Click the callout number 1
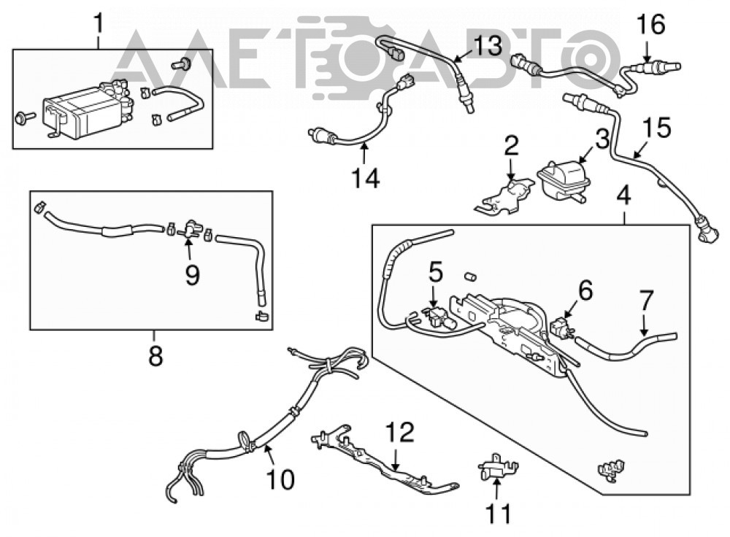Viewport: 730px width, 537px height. tap(99, 23)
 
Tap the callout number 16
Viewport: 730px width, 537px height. tap(651, 24)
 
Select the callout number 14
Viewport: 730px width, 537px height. tap(366, 178)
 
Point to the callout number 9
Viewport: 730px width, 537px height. tap(192, 275)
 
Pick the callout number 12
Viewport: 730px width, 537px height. tap(400, 432)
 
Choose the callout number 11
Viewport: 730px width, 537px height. tap(498, 514)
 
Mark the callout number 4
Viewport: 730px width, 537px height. tap(623, 196)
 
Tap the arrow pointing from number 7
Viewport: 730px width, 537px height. tap(644, 325)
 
